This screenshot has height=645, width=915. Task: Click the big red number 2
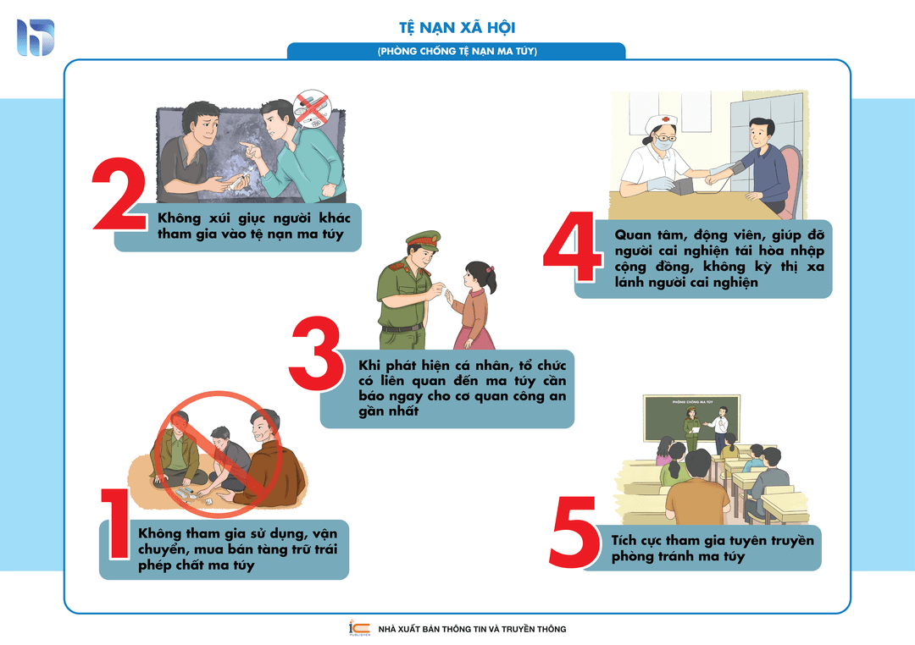[119, 194]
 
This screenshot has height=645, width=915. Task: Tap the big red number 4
[573, 246]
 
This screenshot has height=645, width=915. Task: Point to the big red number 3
[316, 354]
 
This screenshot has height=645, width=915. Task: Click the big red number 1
[116, 523]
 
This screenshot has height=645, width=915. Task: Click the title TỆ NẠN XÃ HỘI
[457, 27]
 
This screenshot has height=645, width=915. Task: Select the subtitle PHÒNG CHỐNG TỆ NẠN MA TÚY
[457, 52]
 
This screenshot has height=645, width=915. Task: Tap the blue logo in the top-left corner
[36, 37]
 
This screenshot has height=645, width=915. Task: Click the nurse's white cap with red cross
[663, 123]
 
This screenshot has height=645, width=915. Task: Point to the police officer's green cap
[423, 240]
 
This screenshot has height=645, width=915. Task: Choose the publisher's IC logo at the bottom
[359, 627]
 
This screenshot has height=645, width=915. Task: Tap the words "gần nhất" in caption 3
[389, 411]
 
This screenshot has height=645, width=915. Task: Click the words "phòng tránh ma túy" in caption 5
[678, 556]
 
